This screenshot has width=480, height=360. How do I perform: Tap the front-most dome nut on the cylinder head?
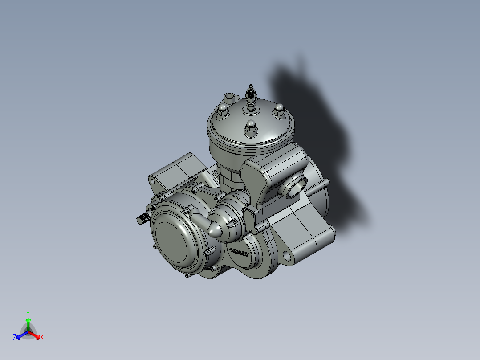point(250,127)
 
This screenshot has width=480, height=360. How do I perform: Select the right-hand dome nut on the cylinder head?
point(278,109)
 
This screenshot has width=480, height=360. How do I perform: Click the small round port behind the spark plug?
point(229,97)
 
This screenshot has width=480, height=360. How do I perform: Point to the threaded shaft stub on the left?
point(141,219)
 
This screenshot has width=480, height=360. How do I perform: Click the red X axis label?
point(41,338)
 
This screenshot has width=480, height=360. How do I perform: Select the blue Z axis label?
point(15,338)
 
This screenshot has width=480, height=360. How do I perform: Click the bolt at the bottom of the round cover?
point(187,276)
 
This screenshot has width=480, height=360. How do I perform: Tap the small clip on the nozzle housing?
point(233,223)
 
